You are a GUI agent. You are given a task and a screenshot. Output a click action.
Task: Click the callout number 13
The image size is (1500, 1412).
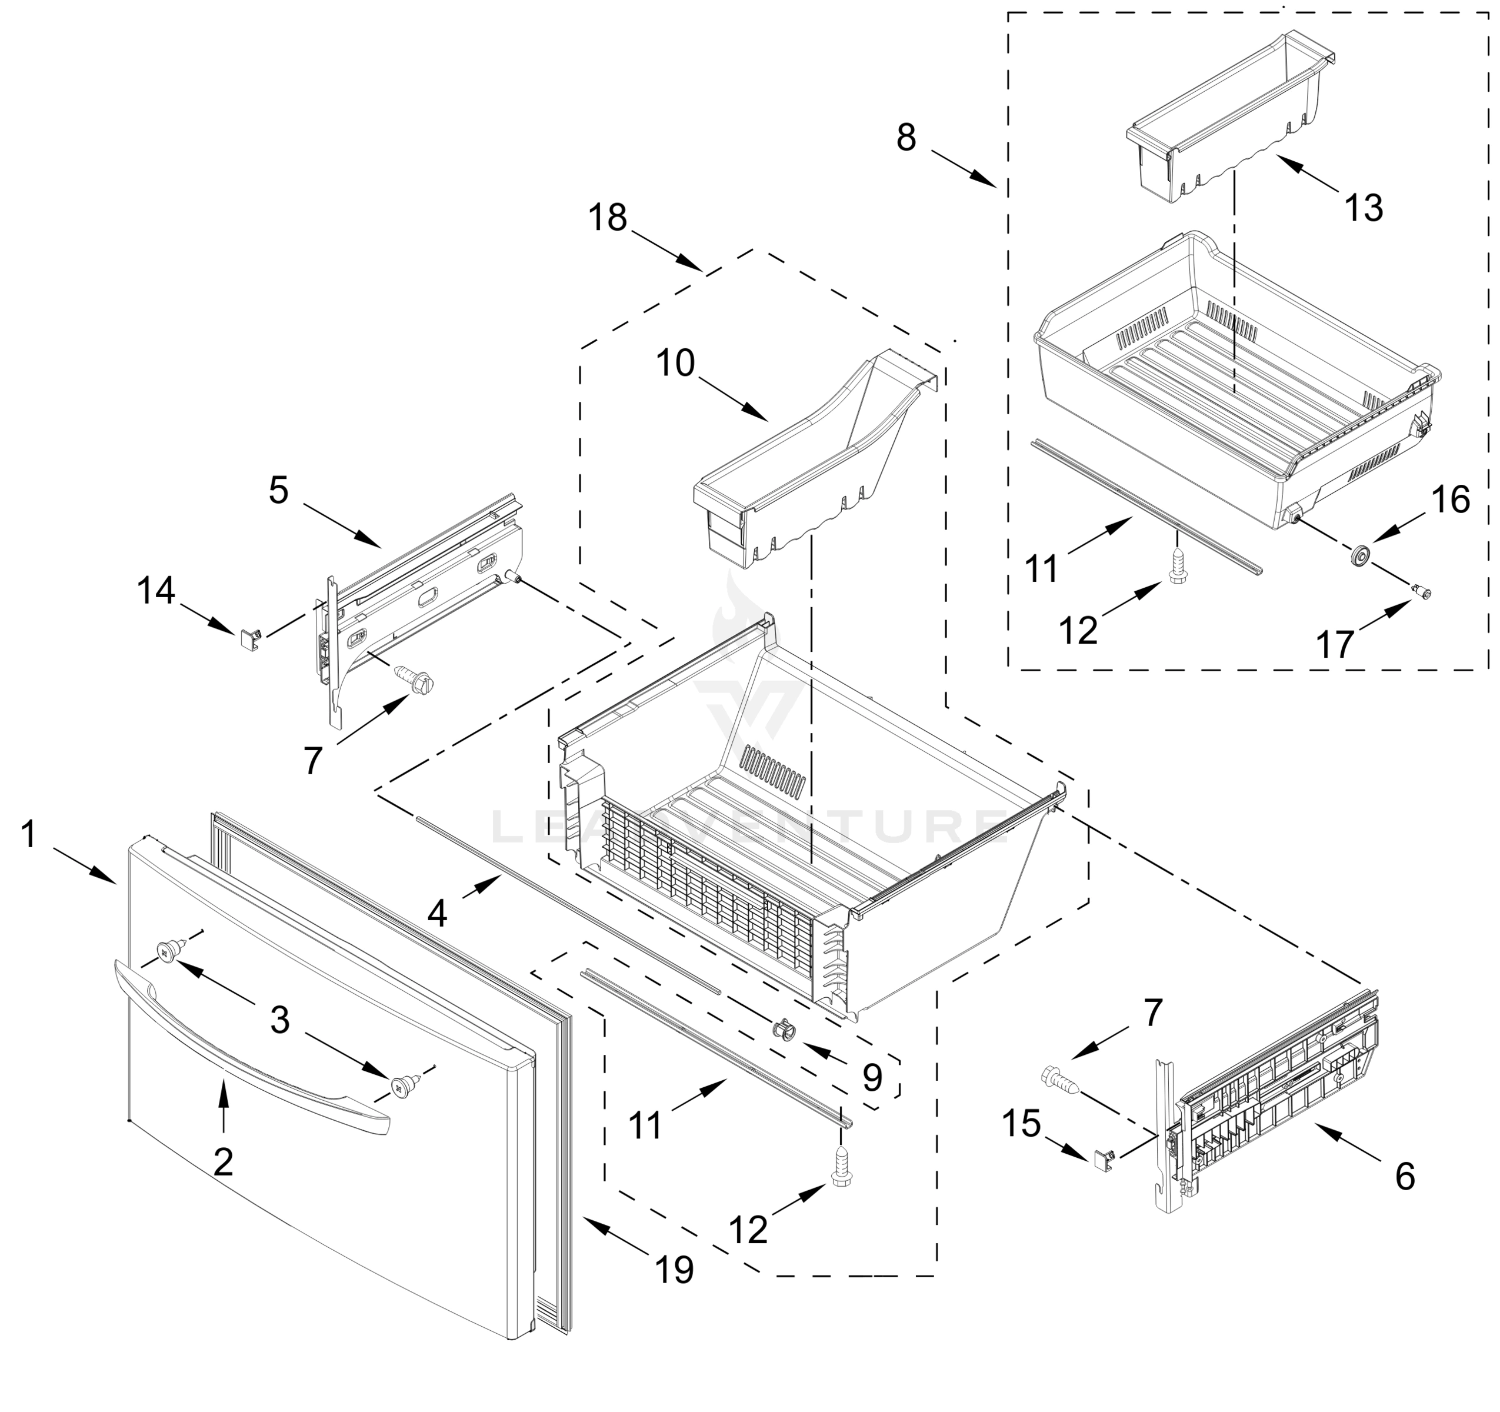click(1364, 208)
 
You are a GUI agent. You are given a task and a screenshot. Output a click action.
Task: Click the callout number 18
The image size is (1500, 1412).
click(608, 218)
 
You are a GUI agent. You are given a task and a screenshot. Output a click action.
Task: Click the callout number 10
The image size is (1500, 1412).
click(675, 363)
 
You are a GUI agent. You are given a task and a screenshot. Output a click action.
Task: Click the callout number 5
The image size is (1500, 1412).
click(278, 491)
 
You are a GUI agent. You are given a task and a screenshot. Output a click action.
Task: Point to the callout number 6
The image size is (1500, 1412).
click(1404, 1176)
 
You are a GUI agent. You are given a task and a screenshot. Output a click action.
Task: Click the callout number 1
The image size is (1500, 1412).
click(29, 835)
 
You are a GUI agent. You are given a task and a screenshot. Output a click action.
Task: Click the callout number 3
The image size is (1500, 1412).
click(280, 1020)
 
